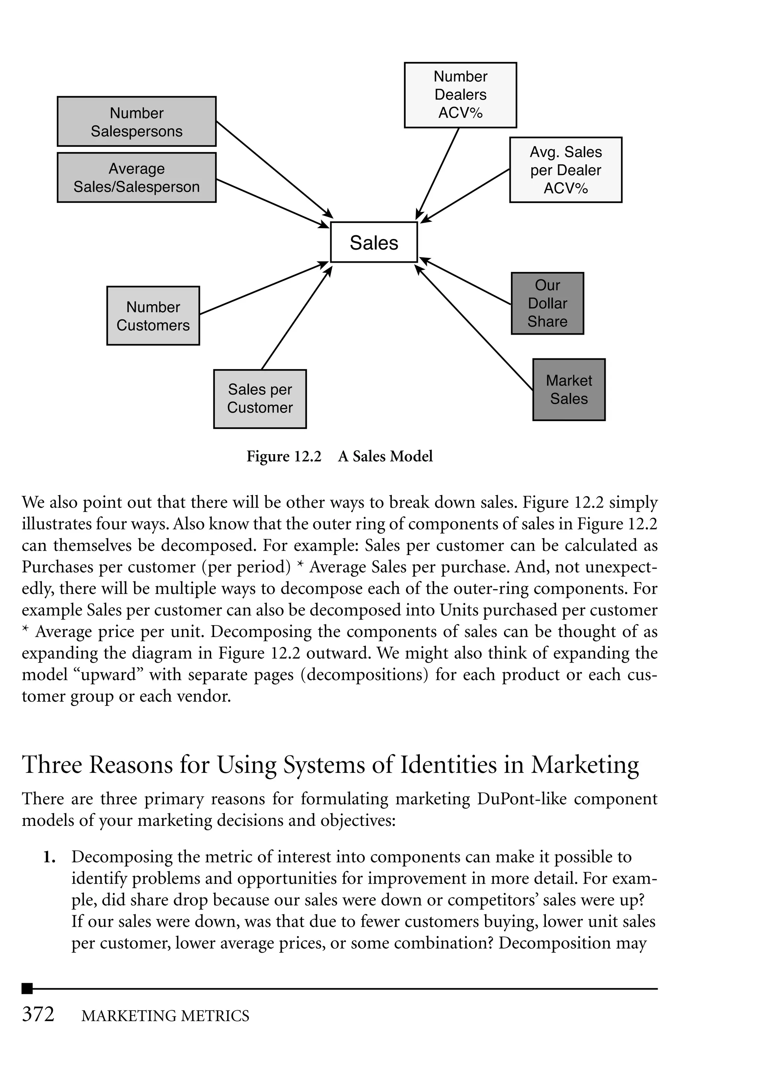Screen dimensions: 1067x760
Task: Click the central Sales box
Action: tap(373, 242)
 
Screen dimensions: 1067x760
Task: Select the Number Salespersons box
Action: tap(136, 122)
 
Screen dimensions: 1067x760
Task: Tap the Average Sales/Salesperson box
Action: tap(136, 178)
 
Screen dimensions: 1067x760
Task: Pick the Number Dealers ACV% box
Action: tap(460, 95)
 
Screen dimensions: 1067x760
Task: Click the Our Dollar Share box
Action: tap(547, 303)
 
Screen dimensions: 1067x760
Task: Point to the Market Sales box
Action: tap(569, 390)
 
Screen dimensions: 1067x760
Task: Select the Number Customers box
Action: tap(153, 316)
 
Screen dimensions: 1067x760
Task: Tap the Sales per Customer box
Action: tap(260, 398)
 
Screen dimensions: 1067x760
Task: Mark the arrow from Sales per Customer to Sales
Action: tap(296, 318)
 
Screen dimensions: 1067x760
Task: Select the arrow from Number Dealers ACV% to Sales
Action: tap(438, 173)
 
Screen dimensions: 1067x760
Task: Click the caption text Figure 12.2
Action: tap(284, 456)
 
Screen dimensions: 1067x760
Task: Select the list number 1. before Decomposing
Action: tap(50, 857)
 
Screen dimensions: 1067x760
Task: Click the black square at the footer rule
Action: tap(27, 988)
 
